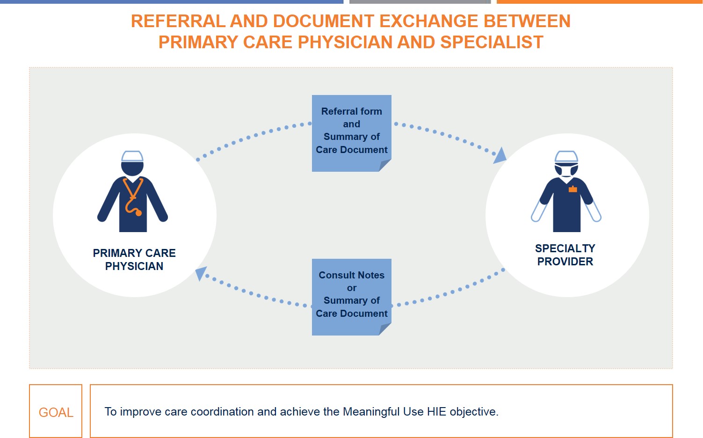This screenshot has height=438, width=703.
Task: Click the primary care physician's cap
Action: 132,156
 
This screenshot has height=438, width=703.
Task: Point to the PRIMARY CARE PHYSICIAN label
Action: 134,260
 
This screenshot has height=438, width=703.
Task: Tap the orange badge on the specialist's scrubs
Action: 573,190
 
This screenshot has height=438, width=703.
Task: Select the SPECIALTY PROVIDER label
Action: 565,255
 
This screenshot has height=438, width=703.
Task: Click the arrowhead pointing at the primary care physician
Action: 201,273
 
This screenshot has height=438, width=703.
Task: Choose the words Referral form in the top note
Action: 351,111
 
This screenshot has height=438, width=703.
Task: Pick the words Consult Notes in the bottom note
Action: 351,275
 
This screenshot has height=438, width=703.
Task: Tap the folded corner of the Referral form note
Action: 384,165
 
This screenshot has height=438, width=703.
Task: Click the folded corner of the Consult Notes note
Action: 384,329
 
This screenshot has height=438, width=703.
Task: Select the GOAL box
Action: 56,412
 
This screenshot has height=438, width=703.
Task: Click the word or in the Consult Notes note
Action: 351,288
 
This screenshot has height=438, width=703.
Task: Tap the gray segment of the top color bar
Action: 420,2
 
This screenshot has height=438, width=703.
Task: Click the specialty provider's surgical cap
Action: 566,156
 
